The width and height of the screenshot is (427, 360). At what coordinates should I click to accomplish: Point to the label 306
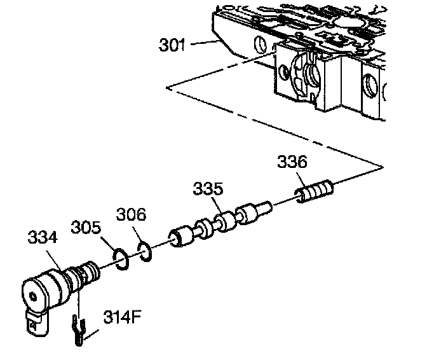point(131,215)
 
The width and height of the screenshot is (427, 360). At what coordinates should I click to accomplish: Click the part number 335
point(208,189)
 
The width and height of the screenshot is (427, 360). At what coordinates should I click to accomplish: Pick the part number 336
point(292,162)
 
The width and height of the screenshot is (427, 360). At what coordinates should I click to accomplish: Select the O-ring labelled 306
point(144,251)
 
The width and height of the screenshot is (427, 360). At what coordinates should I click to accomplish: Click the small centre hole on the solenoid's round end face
point(34,295)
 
